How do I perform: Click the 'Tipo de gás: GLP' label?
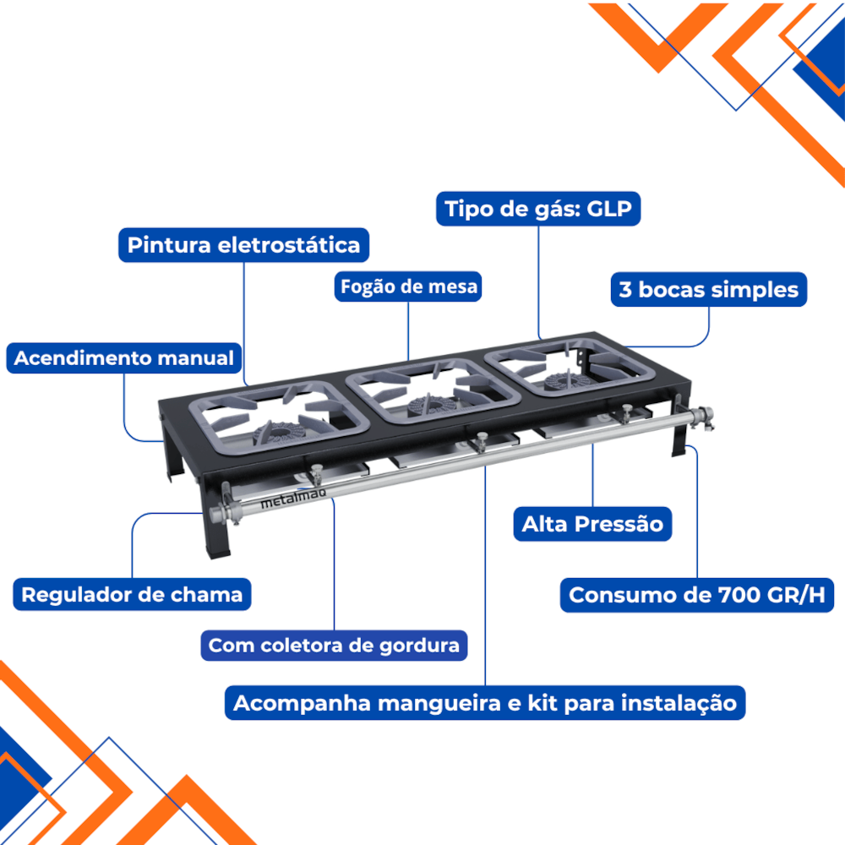[x=537, y=209]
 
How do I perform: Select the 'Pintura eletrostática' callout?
[x=243, y=245]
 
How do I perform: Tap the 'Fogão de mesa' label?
[x=408, y=286]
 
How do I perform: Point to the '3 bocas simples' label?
[x=709, y=289]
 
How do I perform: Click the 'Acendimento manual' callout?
[x=124, y=357]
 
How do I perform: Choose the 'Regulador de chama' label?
[x=132, y=594]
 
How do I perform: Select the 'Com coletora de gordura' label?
[x=334, y=645]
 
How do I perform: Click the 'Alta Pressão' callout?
[x=592, y=524]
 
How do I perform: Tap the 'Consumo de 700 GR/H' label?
[x=697, y=595]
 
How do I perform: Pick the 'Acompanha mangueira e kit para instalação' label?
[x=485, y=703]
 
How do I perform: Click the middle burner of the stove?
[x=429, y=405]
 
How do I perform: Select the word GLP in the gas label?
[x=609, y=208]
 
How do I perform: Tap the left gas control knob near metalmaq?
[x=316, y=474]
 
